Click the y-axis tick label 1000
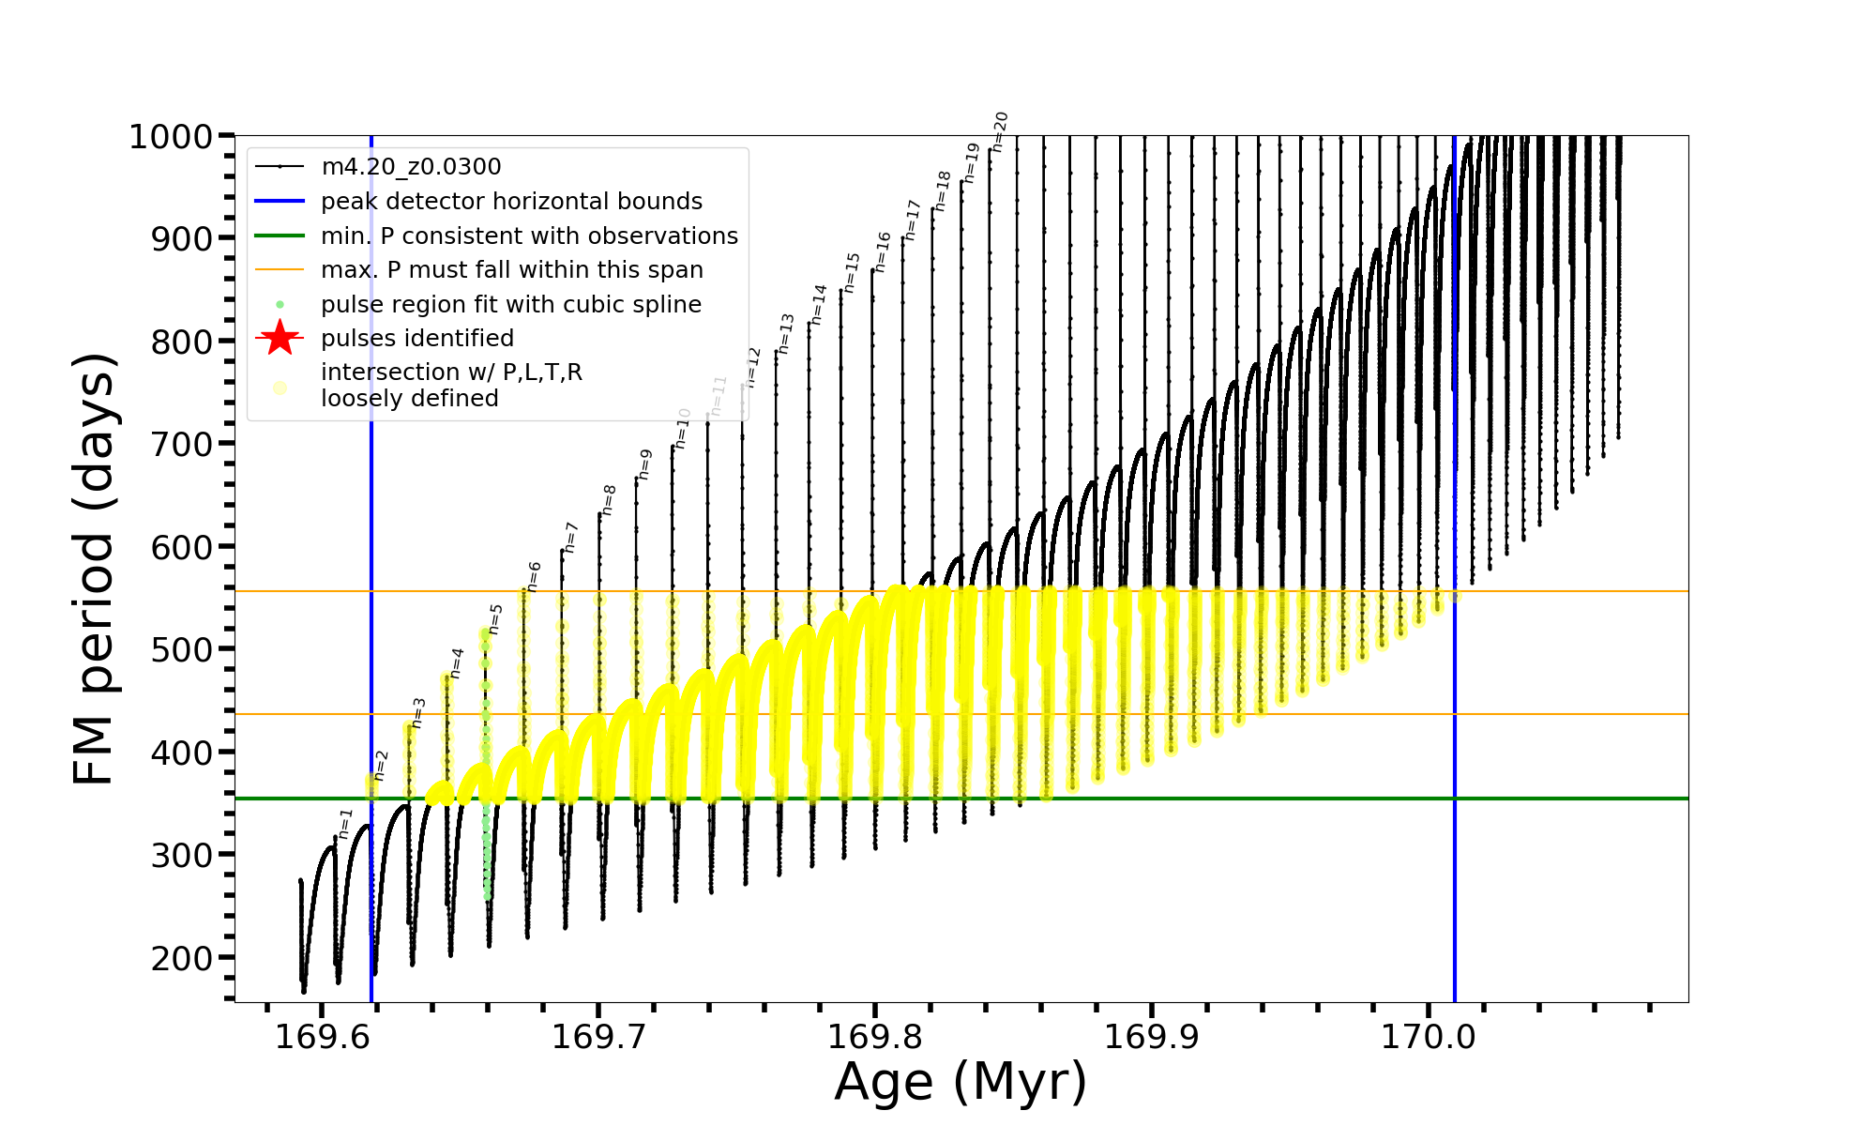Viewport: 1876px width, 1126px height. (170, 137)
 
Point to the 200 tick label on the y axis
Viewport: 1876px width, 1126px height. (182, 958)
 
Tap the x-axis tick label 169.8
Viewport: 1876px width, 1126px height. (875, 1037)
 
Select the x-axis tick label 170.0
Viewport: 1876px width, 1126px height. (1429, 1037)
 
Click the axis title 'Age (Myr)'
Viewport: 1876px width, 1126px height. (961, 1082)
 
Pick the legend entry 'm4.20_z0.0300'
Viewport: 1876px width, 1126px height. (411, 167)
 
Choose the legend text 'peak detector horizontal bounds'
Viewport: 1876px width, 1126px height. (511, 202)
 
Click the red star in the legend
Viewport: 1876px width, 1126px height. (280, 338)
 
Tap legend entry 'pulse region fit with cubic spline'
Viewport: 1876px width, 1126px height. (511, 305)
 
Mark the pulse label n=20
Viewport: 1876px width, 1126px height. (1000, 131)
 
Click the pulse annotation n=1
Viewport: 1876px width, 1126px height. (345, 823)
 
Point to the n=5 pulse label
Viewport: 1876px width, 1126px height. (496, 619)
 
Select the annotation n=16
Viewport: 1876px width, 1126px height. (883, 251)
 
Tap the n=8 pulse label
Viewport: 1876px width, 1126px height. (609, 499)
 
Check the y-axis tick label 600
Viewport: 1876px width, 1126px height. (182, 547)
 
